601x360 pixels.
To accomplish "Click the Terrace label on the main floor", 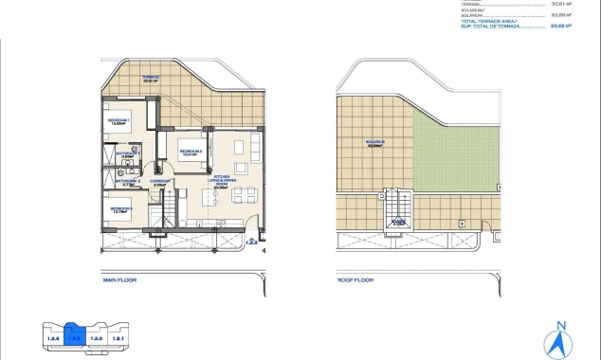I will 150,79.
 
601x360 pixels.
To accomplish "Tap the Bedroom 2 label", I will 190,152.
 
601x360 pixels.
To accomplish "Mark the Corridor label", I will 160,183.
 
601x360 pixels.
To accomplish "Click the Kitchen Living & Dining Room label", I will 224,182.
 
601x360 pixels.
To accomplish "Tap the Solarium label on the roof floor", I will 378,146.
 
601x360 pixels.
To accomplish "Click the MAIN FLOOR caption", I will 121,280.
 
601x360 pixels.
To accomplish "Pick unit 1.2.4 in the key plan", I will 53,337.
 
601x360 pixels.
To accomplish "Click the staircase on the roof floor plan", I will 398,210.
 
